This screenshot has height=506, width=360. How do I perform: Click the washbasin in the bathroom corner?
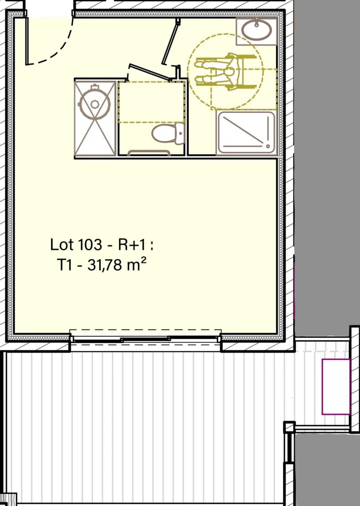click(x=257, y=30)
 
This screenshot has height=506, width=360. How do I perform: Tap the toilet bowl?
click(x=162, y=135)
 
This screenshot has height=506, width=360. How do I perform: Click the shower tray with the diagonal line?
click(x=246, y=133)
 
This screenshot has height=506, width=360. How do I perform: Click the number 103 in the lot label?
click(x=90, y=245)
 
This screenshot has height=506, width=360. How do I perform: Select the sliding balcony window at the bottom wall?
click(x=145, y=339)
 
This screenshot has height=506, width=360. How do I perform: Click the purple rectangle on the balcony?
click(x=336, y=387)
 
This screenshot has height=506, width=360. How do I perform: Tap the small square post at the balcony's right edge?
click(x=289, y=427)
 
